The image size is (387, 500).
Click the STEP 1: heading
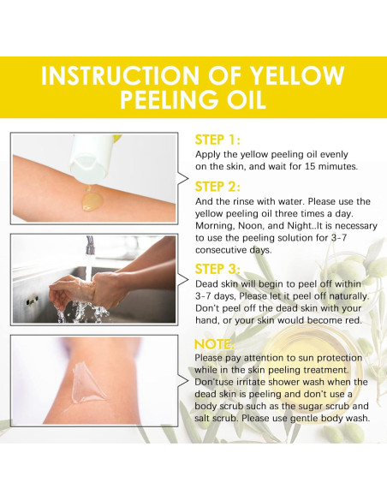coord(217,140)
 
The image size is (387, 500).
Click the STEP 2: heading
coord(217,187)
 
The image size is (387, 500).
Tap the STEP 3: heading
coord(217,269)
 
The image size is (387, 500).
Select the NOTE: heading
coord(214,344)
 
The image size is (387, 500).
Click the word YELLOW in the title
coord(297,75)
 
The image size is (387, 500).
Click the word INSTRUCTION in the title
coord(120,75)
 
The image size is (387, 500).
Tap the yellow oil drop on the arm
coord(92,201)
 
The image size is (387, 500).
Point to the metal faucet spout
coord(90,245)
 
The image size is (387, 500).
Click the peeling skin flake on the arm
coord(86,383)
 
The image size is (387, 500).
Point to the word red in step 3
coord(354,320)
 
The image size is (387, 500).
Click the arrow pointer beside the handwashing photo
coord(182,280)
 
